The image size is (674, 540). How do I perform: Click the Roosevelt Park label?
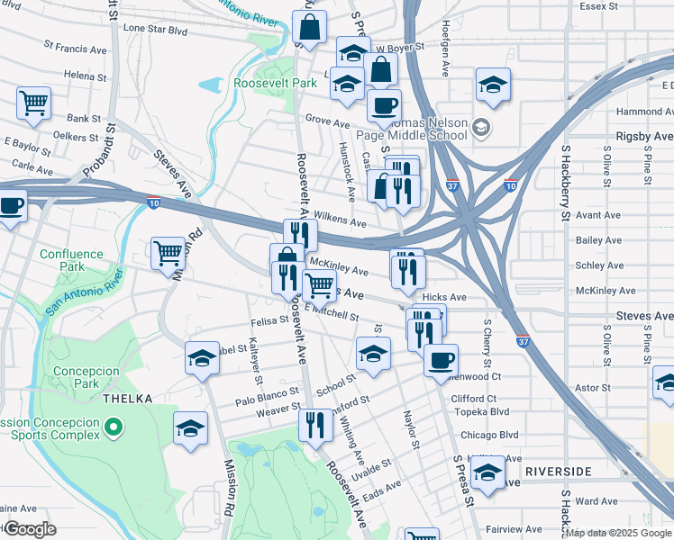(x=275, y=83)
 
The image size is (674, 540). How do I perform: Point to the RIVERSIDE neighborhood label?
(x=557, y=472)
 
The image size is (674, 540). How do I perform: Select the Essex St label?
(x=599, y=6)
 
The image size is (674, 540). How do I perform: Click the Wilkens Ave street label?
(x=341, y=221)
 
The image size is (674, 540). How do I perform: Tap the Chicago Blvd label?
(x=490, y=435)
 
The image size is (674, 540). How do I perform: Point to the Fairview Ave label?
(x=515, y=529)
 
